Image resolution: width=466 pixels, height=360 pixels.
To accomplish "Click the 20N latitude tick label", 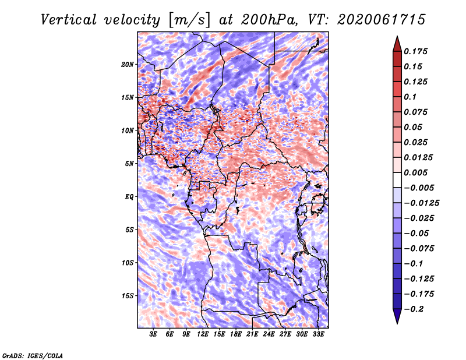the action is (x=127, y=65).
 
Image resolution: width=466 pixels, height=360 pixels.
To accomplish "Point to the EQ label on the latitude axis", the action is (x=129, y=197).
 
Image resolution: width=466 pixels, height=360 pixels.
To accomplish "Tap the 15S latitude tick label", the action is (x=128, y=296).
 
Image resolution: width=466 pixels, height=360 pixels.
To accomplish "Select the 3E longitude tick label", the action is (x=153, y=334).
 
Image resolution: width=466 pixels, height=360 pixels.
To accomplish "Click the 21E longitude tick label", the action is (x=252, y=334).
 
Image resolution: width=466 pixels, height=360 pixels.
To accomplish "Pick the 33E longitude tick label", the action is (x=318, y=334).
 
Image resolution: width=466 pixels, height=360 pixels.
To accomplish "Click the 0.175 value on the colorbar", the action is (x=415, y=51).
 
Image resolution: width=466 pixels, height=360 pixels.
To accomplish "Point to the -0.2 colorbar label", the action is (x=414, y=309).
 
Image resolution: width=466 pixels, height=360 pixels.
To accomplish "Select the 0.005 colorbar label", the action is (x=415, y=172).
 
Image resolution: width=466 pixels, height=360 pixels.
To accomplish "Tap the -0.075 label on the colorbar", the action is (x=419, y=249).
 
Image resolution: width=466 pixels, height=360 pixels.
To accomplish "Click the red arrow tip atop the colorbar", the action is (x=397, y=37).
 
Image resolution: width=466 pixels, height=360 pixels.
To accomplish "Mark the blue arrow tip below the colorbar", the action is (x=397, y=323).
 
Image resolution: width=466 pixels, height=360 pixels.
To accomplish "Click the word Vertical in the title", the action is (x=69, y=20).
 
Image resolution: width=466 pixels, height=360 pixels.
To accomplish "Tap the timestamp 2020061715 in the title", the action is (x=382, y=20).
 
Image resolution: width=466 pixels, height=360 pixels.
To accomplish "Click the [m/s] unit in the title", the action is (x=189, y=20).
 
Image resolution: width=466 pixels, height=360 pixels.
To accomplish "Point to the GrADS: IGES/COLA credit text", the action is (x=33, y=355).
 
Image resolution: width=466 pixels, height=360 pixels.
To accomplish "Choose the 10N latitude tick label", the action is (x=127, y=130).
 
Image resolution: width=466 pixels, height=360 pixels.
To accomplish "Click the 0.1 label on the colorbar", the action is (x=410, y=97).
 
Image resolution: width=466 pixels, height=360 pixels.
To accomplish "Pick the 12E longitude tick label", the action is (x=203, y=334).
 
